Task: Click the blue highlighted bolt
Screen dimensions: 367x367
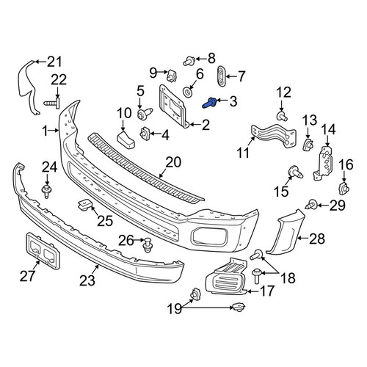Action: click(x=208, y=103)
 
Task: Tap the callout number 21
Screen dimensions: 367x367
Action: click(x=54, y=62)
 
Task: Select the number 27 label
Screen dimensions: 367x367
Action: click(x=28, y=276)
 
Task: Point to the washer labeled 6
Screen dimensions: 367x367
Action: click(x=188, y=93)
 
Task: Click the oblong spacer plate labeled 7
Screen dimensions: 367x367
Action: click(x=221, y=76)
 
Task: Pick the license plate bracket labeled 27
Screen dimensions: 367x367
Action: click(x=43, y=250)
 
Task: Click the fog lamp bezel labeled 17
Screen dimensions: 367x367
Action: click(x=226, y=276)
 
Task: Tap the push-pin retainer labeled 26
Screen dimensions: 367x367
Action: click(x=148, y=245)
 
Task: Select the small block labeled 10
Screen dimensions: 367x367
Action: click(x=126, y=140)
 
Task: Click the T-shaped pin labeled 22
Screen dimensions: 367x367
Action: click(x=52, y=103)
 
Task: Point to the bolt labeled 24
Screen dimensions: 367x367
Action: click(x=46, y=192)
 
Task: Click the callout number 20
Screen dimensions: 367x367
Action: click(x=173, y=162)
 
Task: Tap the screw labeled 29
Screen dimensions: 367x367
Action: click(x=311, y=204)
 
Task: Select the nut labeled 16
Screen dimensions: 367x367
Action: click(x=344, y=189)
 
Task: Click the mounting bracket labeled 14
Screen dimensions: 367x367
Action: click(x=324, y=163)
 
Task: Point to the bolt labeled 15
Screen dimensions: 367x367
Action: click(x=296, y=172)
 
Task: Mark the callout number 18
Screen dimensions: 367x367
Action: click(x=288, y=277)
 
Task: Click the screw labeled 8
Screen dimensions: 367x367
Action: click(x=189, y=61)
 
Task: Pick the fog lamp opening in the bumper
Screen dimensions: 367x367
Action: click(x=210, y=237)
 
